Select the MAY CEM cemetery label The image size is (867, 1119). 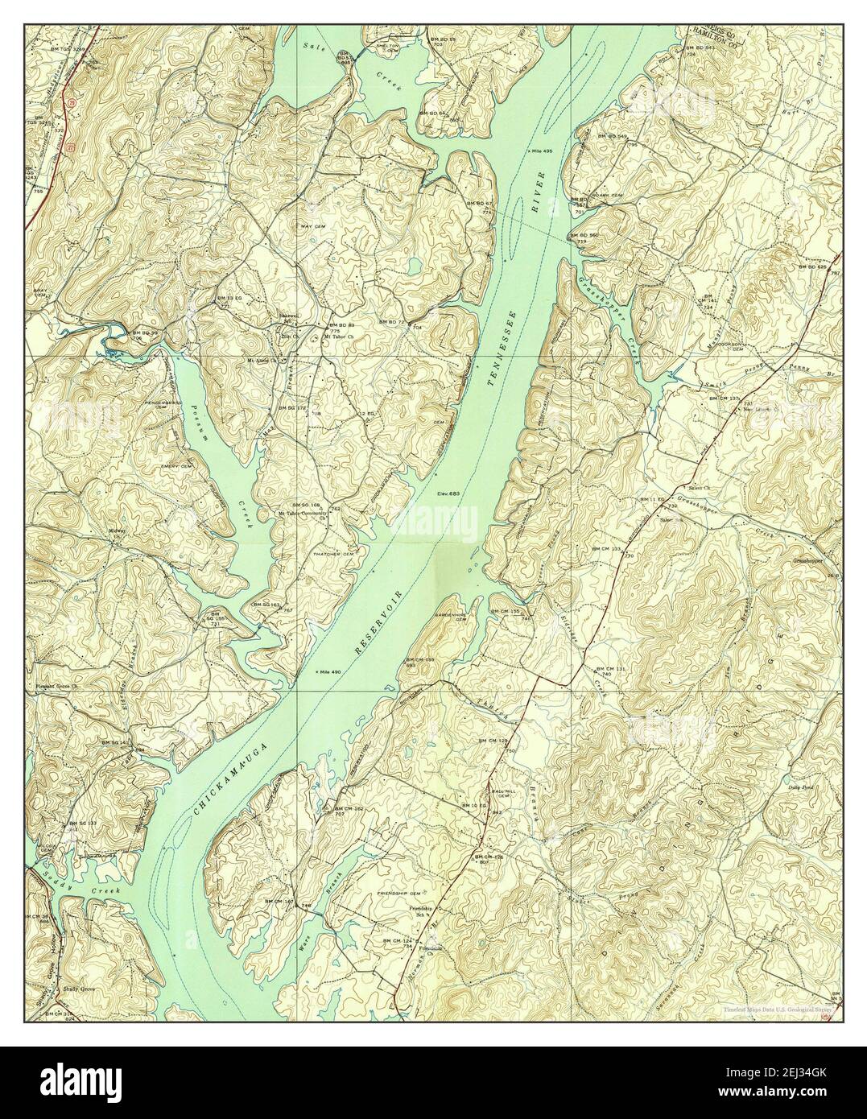pos(312,226)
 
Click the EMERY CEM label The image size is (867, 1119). pos(175,466)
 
